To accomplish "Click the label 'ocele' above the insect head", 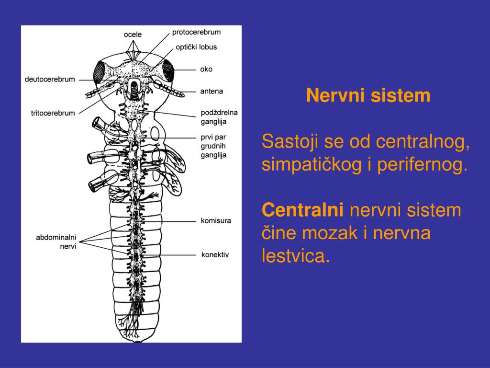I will [133, 34].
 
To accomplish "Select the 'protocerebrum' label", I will [196, 32].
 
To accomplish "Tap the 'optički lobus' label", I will [196, 47].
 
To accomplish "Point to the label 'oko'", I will [206, 69].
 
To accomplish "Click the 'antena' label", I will [212, 91].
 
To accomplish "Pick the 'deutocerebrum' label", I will [50, 79].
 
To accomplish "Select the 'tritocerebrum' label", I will [53, 113].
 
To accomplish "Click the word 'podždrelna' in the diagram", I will [219, 113].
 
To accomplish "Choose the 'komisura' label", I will [216, 221].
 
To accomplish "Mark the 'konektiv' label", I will [215, 254].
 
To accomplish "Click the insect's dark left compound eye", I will [100, 72].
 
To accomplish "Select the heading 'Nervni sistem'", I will [368, 95].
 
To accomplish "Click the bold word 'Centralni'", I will [303, 210].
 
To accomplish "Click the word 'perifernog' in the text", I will [421, 165].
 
